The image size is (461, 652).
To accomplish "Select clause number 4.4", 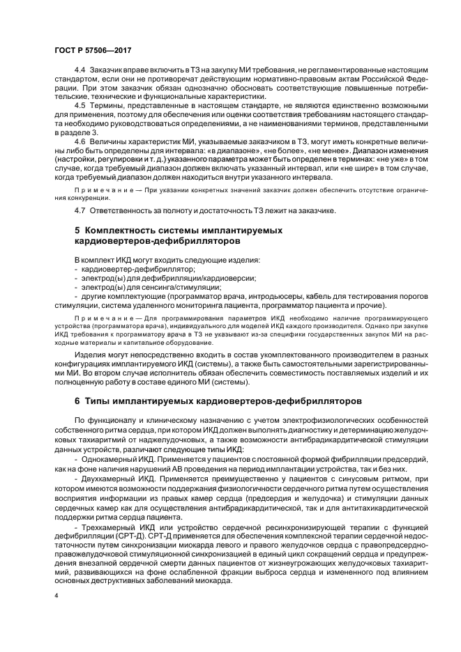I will click(x=80, y=72).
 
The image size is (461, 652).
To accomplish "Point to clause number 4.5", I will click(x=80, y=105).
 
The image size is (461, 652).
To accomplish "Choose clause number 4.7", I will click(x=80, y=210).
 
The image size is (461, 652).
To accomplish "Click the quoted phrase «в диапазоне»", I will click(x=238, y=148).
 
